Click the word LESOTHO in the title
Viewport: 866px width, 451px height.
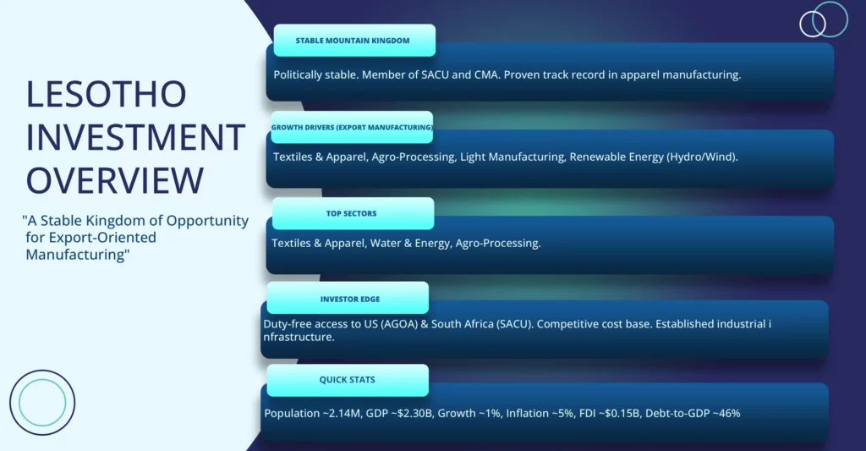pos(106,94)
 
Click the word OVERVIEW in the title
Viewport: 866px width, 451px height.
pos(115,180)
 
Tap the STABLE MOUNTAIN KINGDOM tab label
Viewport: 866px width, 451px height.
pos(353,41)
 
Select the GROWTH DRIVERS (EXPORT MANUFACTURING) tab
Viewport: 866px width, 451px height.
pos(352,127)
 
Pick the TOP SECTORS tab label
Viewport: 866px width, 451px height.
pos(351,213)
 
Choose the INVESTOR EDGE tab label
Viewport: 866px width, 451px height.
pos(350,299)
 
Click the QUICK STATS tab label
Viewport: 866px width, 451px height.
pos(347,380)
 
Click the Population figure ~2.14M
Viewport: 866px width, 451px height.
pos(342,414)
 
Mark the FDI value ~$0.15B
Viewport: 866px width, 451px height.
pos(620,414)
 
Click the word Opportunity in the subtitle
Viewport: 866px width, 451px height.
pos(208,221)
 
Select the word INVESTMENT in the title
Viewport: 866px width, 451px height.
pos(136,137)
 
